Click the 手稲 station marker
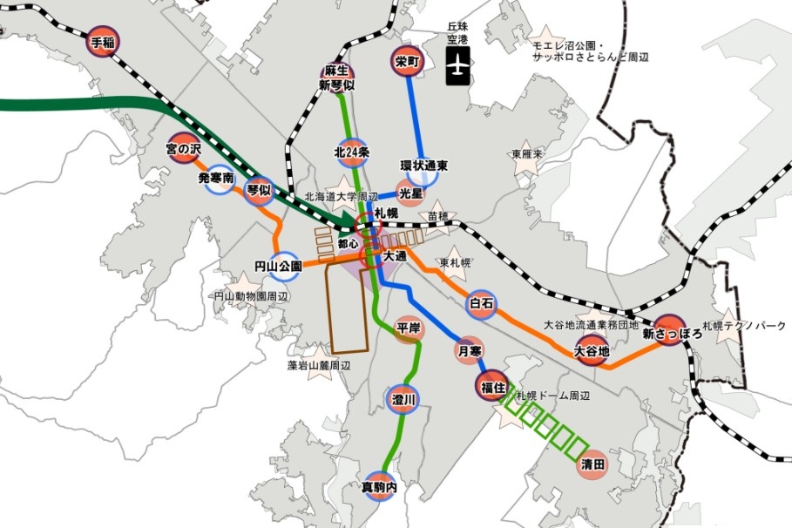[x=102, y=42]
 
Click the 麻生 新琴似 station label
[x=336, y=77]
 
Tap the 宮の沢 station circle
[x=184, y=150]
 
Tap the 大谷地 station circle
[x=591, y=350]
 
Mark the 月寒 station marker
[x=469, y=350]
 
